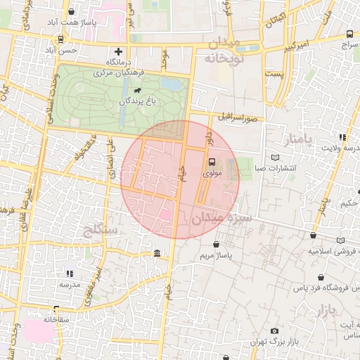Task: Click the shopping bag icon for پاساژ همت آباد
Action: pyautogui.click(x=72, y=12)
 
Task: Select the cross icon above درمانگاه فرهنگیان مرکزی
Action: pyautogui.click(x=118, y=51)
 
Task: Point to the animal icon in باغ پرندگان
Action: pyautogui.click(x=136, y=91)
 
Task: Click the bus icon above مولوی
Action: pyautogui.click(x=212, y=161)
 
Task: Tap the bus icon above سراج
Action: pyautogui.click(x=350, y=33)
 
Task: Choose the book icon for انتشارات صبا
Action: pyautogui.click(x=275, y=157)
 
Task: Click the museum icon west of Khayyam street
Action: pyautogui.click(x=155, y=253)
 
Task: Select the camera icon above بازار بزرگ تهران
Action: pyautogui.click(x=274, y=330)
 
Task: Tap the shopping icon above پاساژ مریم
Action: pyautogui.click(x=215, y=244)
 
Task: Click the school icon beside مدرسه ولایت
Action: pyautogui.click(x=342, y=137)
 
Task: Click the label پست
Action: pyautogui.click(x=274, y=73)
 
